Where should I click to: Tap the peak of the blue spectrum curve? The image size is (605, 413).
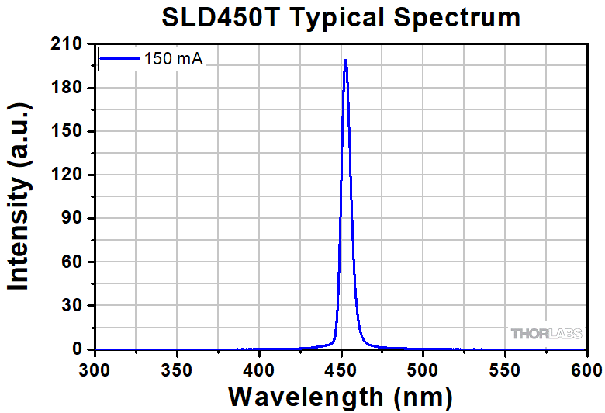coord(345,61)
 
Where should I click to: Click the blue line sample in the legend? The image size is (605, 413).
coord(119,57)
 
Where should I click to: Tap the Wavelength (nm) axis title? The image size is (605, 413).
coord(341,397)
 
